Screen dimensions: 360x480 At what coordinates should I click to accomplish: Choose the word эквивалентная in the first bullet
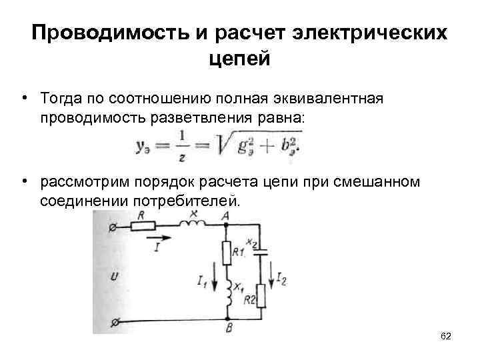pos(327,98)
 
